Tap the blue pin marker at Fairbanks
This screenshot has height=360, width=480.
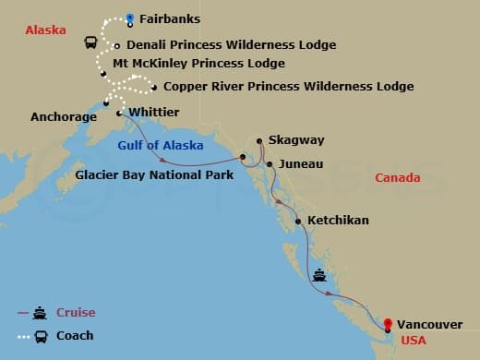coord(131,18)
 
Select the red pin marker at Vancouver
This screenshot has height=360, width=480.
coord(388,324)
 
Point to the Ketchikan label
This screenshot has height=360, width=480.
coord(338,221)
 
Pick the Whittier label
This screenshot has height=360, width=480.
coord(154,112)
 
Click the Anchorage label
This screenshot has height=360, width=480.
coord(64,117)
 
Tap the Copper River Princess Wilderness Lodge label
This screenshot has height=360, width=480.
coord(288,87)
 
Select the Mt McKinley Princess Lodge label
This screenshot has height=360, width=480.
coord(198,64)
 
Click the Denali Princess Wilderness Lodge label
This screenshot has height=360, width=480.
coord(231,44)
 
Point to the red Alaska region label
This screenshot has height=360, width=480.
coord(46,30)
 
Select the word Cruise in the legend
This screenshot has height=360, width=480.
coord(76,312)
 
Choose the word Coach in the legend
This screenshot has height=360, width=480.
coord(75,335)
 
